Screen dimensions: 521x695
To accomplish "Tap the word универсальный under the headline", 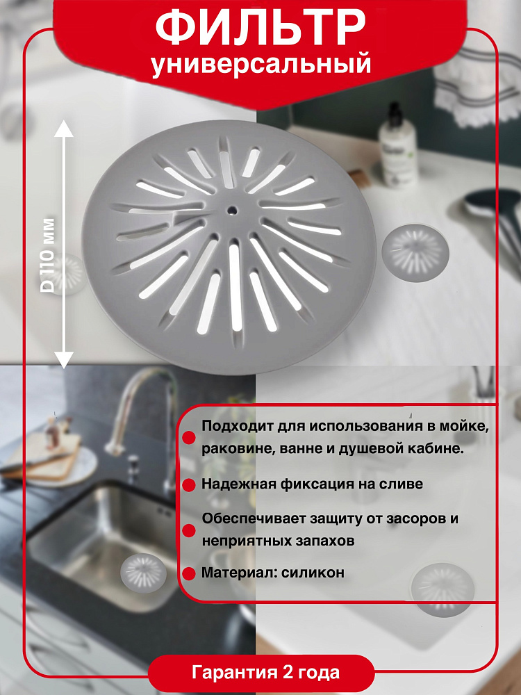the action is coord(261,64).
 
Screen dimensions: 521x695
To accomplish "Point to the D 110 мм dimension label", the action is coord(47,255).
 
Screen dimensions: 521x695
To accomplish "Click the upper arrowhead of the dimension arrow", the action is coord(64,129).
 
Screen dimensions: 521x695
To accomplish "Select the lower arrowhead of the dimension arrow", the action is coord(64,359).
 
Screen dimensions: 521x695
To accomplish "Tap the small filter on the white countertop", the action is coord(415,253).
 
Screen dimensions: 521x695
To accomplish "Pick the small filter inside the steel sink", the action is coord(144,573).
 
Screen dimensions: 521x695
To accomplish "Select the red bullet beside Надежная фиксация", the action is coord(189,484).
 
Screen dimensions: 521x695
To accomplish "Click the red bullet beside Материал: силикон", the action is coord(189,573).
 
